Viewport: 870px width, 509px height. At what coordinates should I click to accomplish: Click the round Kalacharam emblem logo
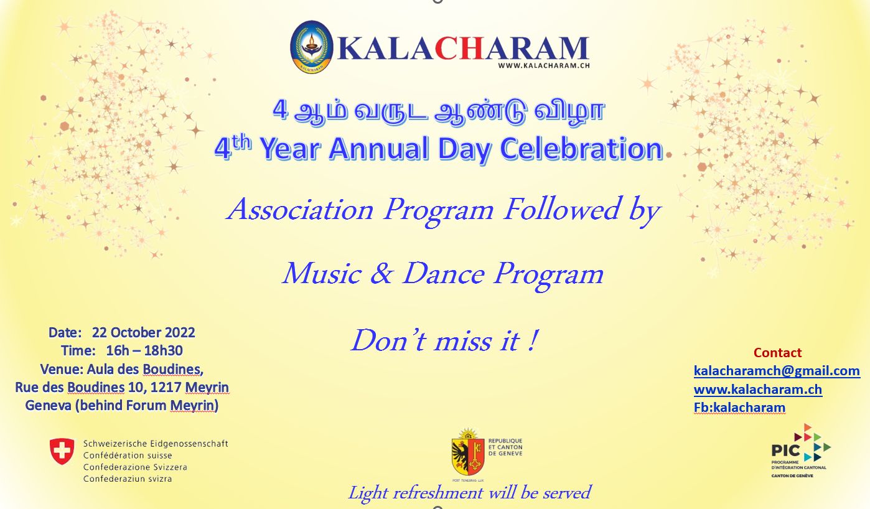point(312,47)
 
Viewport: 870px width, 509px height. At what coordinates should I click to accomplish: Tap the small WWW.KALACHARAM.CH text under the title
point(544,65)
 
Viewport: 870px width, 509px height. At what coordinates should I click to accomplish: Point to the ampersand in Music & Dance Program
point(381,273)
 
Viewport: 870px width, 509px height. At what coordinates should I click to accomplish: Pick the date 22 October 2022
point(143,333)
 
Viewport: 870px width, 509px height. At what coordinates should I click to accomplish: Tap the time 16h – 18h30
point(144,350)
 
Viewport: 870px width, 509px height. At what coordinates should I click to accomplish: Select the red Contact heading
point(777,353)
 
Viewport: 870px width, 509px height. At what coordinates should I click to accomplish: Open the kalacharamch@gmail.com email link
point(777,371)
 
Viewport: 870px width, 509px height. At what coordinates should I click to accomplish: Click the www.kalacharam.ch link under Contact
point(758,389)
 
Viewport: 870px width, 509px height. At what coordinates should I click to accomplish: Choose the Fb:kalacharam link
point(739,408)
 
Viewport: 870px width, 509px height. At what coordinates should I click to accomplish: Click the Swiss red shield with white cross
point(62,451)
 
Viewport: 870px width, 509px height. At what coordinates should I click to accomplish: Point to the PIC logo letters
point(786,451)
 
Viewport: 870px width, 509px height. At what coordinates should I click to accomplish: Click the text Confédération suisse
point(128,455)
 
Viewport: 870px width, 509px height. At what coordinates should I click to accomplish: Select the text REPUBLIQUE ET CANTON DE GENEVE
point(505,447)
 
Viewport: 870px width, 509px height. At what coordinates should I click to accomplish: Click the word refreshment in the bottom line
point(439,493)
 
